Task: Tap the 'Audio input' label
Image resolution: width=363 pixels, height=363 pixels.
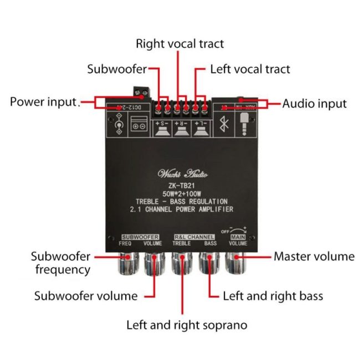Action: [314, 103]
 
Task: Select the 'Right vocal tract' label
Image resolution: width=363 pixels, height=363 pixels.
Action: [180, 43]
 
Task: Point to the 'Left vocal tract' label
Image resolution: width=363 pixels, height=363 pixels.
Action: [250, 69]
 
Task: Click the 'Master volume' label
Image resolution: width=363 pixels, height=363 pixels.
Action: [314, 256]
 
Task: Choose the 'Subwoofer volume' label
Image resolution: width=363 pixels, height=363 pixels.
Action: [86, 295]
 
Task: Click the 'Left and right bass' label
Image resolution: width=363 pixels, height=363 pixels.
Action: [273, 295]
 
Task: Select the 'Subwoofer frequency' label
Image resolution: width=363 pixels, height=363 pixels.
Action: [61, 263]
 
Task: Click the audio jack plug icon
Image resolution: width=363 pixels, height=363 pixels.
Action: [244, 123]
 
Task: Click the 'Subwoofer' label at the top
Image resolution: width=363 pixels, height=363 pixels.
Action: [117, 69]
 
